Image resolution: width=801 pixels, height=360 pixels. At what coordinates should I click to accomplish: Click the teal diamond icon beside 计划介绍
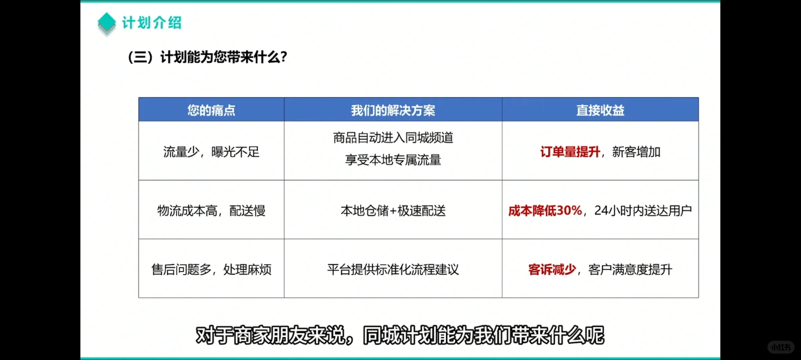click(107, 23)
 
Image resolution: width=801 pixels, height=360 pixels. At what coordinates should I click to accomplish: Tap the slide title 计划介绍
click(152, 23)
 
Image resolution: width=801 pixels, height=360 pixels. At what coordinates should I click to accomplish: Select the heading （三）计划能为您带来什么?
click(207, 57)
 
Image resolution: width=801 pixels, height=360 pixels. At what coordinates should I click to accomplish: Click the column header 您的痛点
click(211, 110)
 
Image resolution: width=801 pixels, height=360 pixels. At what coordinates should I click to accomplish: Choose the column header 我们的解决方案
click(393, 110)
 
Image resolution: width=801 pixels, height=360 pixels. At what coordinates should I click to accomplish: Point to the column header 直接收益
click(600, 110)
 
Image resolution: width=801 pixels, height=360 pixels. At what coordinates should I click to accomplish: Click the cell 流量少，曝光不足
click(211, 152)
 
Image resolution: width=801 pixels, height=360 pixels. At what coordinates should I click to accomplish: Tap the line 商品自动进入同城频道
click(393, 138)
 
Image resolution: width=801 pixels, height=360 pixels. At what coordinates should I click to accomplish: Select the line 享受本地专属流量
click(393, 160)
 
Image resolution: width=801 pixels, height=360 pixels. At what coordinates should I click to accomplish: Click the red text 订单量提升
click(570, 152)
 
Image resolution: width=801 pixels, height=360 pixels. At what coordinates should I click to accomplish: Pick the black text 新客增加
click(636, 152)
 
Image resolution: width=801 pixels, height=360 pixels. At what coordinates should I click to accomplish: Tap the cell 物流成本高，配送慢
click(211, 211)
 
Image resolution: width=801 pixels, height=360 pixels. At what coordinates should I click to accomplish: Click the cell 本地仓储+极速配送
click(393, 211)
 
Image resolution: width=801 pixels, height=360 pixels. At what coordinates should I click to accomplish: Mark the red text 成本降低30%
click(545, 211)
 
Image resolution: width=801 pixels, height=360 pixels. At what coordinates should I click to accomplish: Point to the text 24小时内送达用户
click(643, 211)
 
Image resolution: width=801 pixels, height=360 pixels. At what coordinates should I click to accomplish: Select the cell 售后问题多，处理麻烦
click(211, 269)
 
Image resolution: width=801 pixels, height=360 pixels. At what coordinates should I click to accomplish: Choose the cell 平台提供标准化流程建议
click(393, 269)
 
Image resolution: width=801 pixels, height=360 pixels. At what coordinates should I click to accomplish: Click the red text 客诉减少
click(552, 269)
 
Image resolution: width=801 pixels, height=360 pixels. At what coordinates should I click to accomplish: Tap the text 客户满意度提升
click(630, 269)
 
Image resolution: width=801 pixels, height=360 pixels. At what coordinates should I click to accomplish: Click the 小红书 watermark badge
click(781, 347)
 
